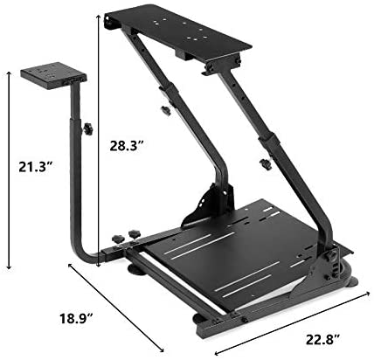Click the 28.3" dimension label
pos(127,146)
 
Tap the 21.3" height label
pos(36,167)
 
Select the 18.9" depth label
pos(77,318)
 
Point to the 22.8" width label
pos(322,339)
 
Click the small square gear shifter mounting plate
pos(53,74)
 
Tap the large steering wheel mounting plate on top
pos(177,32)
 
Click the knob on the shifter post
pos(87,128)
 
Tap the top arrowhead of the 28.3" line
pos(99,17)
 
